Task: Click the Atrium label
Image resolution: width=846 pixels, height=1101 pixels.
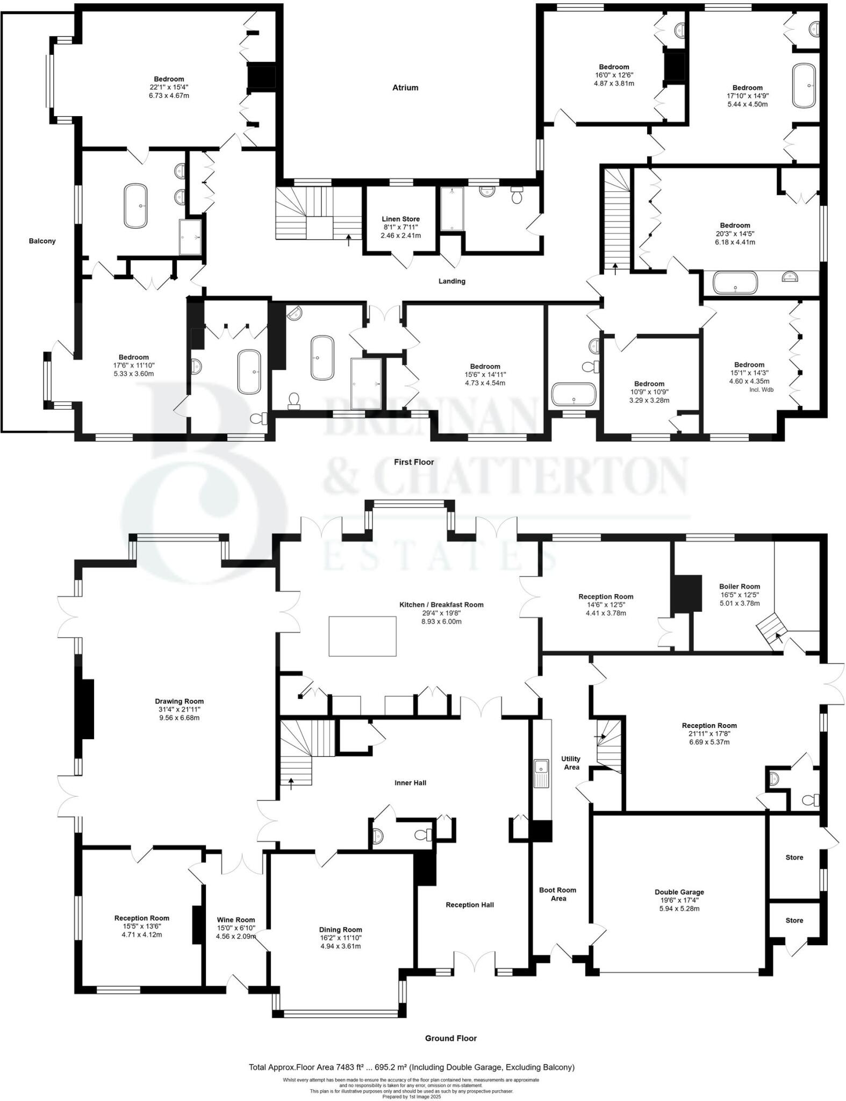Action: [405, 88]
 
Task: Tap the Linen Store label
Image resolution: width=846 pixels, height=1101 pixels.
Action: [400, 219]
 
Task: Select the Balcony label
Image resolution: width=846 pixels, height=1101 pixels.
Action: [42, 241]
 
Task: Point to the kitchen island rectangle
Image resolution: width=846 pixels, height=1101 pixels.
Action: [362, 636]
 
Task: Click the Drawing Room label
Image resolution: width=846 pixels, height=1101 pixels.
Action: [179, 701]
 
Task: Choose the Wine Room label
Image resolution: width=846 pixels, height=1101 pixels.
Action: [235, 920]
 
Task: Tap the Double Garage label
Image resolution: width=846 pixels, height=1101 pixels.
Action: [679, 892]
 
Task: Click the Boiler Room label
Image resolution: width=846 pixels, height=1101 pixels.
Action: [740, 587]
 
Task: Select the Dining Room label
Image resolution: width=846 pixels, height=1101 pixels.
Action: [340, 930]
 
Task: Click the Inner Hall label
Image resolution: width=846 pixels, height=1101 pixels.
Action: [410, 783]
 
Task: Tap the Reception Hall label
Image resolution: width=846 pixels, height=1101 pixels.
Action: [469, 905]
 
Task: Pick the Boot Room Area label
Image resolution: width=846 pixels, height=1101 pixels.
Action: [558, 894]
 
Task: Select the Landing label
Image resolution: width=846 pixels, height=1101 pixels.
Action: [451, 281]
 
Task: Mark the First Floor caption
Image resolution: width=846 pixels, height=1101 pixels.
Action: [413, 462]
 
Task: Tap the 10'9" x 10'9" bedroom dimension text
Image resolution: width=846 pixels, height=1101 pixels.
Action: [649, 392]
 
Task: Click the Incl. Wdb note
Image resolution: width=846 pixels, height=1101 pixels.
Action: [761, 389]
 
